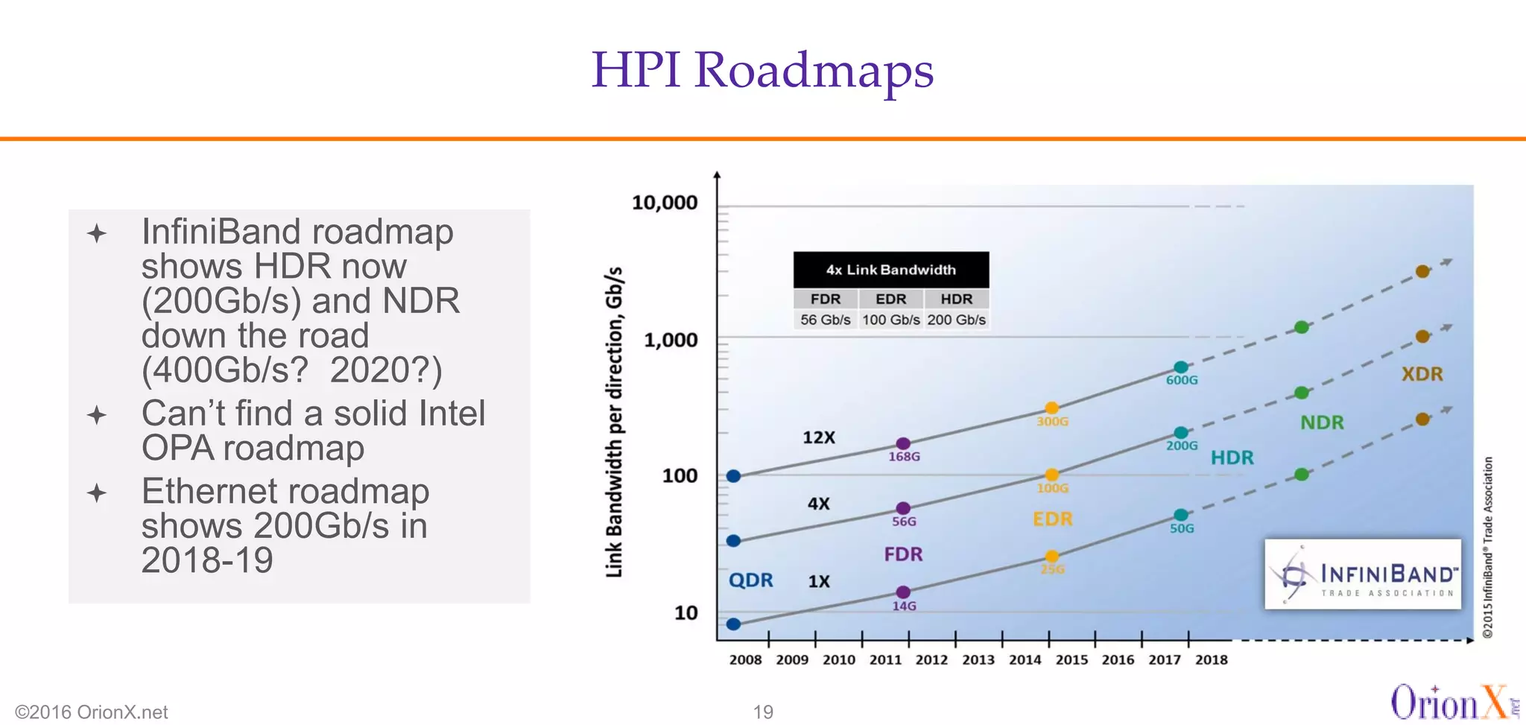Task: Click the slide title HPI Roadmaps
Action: (x=762, y=70)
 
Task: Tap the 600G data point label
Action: (x=1182, y=380)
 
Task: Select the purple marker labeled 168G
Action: (x=902, y=444)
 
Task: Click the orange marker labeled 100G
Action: (x=1051, y=475)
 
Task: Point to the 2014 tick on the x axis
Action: (x=1025, y=659)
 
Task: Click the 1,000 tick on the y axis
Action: (x=671, y=340)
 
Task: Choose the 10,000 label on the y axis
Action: (x=665, y=203)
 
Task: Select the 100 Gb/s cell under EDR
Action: (x=891, y=320)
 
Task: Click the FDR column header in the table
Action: (x=825, y=299)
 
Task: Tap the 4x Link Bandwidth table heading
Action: (x=890, y=270)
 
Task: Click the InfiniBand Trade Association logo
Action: (x=1362, y=574)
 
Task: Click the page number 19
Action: (x=763, y=712)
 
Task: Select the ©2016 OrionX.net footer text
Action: (x=92, y=712)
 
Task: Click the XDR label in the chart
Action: (x=1422, y=374)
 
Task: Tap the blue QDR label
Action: (x=750, y=580)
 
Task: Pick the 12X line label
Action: (x=818, y=437)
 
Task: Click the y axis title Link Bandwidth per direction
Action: (x=613, y=422)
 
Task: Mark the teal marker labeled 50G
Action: (x=1181, y=515)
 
